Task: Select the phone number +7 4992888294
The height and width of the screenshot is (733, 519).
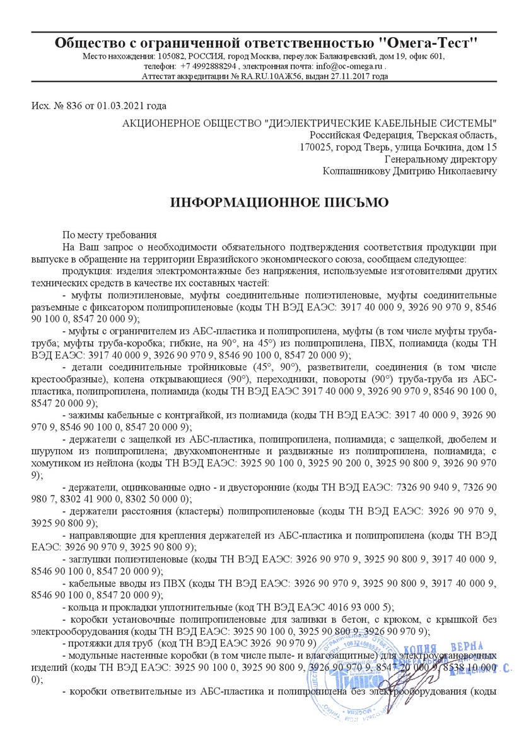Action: click(x=208, y=66)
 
